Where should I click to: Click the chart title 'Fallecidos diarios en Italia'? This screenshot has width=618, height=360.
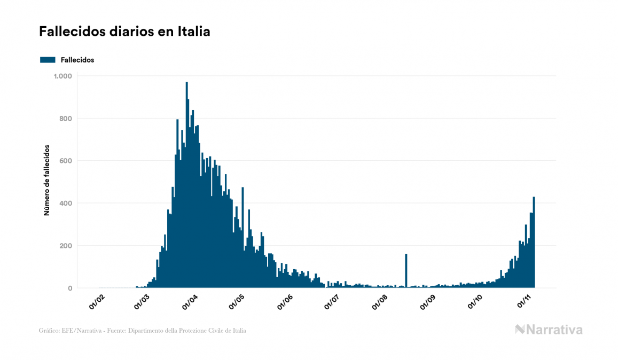point(124,32)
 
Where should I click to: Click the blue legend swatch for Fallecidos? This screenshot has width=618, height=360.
point(48,60)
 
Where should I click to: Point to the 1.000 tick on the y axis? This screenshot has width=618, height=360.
point(62,76)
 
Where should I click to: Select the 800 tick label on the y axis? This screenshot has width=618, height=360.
point(65,119)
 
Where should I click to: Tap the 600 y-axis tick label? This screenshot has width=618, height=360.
point(65,161)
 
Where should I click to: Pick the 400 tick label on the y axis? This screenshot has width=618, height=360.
point(65,204)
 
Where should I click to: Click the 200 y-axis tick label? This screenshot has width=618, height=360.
point(65,246)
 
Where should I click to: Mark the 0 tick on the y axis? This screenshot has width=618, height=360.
point(69,288)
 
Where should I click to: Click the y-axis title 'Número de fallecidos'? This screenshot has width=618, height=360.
point(46,180)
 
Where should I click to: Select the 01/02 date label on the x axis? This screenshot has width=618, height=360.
point(97,302)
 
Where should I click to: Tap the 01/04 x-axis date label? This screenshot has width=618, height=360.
point(190,302)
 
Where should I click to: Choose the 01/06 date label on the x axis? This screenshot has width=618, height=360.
point(285,302)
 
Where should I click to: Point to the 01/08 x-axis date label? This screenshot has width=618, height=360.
point(380,302)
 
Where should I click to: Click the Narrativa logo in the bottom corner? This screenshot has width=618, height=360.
point(549,330)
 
